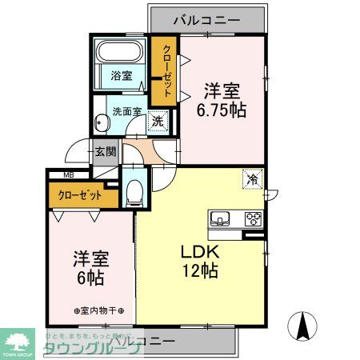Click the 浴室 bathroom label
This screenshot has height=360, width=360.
click(122, 77)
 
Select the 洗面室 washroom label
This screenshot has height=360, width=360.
click(126, 112)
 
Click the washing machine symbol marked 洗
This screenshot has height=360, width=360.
click(158, 121)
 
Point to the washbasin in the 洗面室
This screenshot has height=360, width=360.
click(102, 123)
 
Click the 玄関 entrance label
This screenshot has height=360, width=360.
click(104, 150)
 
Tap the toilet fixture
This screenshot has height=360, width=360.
click(134, 190)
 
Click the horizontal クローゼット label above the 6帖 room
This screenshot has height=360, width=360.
click(80, 194)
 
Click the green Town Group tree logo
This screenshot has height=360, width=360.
click(19, 340)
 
